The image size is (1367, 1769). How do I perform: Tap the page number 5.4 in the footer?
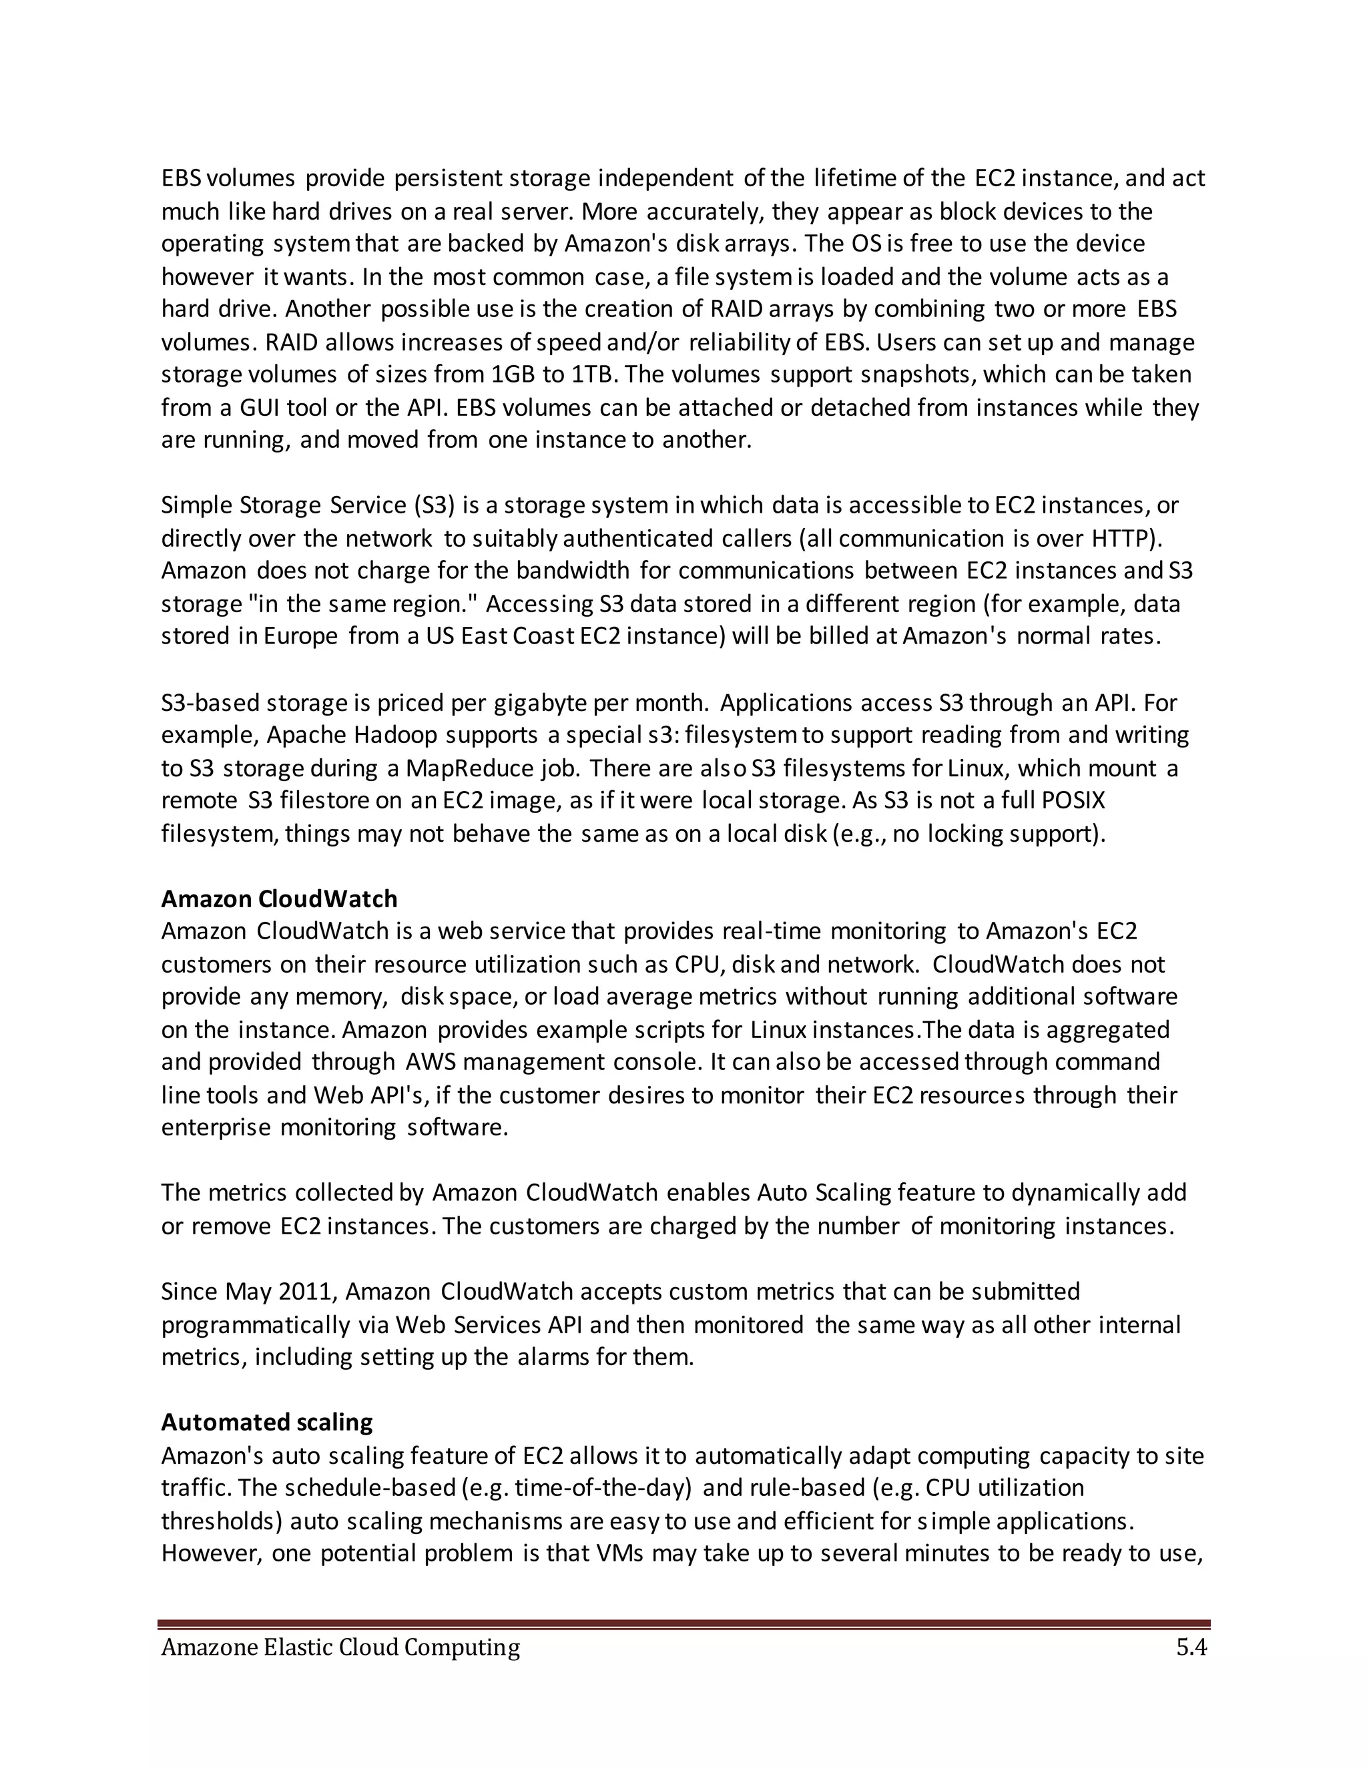pos(1191,1648)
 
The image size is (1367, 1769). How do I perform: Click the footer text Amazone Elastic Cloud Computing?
pos(340,1648)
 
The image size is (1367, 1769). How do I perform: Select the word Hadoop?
pos(397,735)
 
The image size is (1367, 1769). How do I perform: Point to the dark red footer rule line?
pos(683,1624)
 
